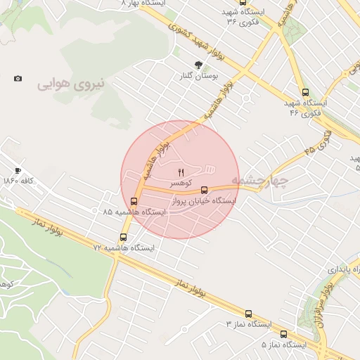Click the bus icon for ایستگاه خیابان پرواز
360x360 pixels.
(x=205, y=190)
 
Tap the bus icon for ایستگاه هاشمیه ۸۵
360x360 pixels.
(x=134, y=201)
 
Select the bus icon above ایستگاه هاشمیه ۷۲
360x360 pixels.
(x=124, y=237)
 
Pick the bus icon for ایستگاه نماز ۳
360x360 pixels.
(x=248, y=314)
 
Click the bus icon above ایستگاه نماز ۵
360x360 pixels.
(x=283, y=335)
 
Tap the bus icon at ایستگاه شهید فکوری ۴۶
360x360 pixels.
(x=304, y=91)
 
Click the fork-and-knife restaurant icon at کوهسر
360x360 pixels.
(x=181, y=172)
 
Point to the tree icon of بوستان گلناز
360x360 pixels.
(x=207, y=65)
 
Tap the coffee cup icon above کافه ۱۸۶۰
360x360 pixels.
(x=18, y=170)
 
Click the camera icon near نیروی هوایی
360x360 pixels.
(x=18, y=78)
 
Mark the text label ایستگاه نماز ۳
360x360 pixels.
(x=250, y=324)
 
